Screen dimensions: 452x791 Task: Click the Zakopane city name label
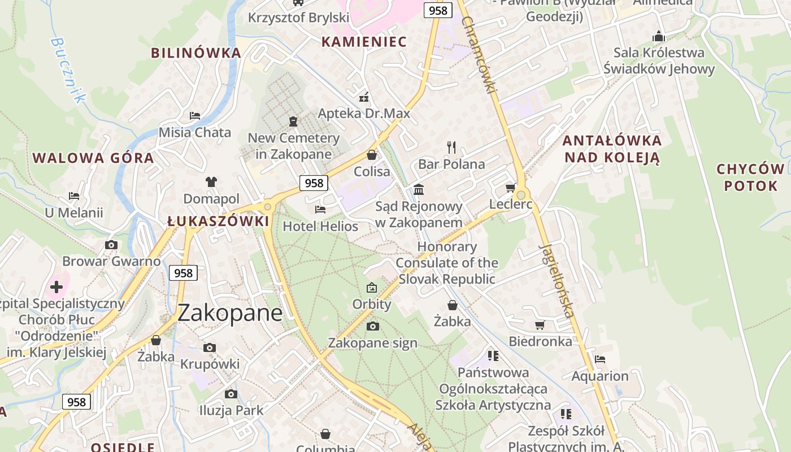pos(230,313)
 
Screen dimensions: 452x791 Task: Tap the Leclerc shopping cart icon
pos(511,188)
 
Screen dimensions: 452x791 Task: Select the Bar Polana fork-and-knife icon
pos(451,147)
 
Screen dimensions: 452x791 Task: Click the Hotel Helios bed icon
pos(320,210)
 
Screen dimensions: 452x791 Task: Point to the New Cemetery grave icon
pos(293,121)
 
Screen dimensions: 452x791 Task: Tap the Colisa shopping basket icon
pos(372,154)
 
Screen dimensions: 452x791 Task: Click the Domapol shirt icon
pos(211,182)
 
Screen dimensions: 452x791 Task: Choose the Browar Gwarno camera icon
pos(111,245)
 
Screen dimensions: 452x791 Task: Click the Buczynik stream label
pos(67,70)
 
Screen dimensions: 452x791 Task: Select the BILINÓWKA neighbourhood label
pos(196,53)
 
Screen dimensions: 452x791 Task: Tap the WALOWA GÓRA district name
pos(93,158)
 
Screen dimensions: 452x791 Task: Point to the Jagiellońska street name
pos(558,280)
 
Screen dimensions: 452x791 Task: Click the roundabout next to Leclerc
pos(521,195)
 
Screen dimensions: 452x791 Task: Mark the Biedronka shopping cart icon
pos(540,325)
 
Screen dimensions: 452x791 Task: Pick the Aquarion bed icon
pos(600,359)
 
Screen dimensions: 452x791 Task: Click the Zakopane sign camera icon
pos(372,326)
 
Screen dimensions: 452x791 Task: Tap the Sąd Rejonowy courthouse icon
pos(419,189)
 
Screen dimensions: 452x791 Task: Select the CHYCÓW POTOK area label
pos(750,177)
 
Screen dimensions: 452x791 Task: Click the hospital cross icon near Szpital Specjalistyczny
pos(56,286)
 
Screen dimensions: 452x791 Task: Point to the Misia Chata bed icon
pos(195,115)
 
